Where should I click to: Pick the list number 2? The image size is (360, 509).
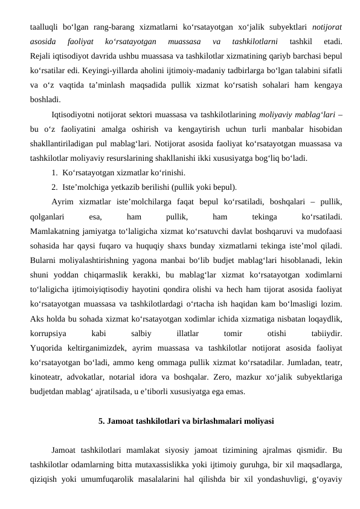(x=54, y=187)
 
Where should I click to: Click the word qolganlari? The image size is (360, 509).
(x=47, y=215)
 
